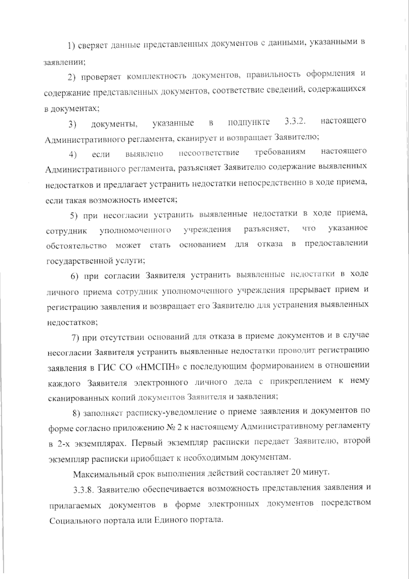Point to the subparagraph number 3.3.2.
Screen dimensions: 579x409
[293, 121]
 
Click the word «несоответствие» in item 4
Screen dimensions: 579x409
[209, 152]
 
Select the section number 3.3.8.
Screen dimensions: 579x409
[83, 490]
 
